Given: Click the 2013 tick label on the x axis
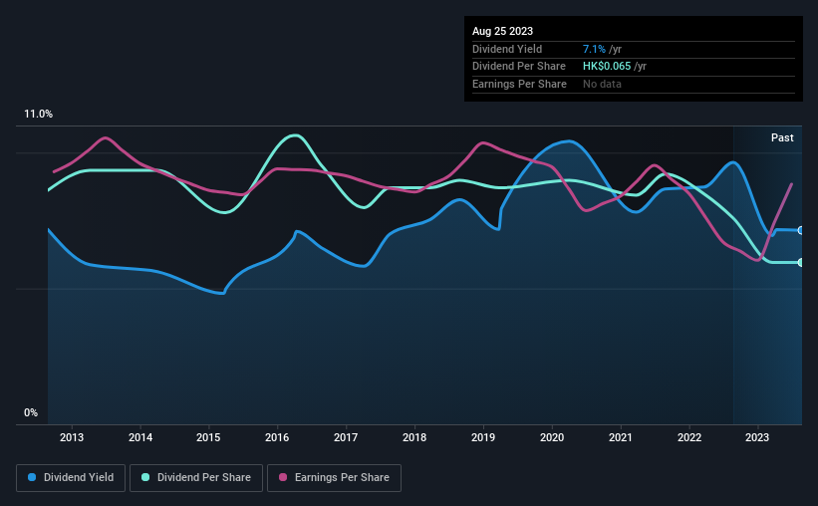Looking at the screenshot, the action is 72,437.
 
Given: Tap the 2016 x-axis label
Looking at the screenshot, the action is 277,437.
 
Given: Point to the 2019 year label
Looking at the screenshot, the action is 483,437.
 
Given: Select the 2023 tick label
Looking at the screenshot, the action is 757,437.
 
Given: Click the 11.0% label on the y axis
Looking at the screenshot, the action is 38,114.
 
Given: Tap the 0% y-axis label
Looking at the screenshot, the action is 31,412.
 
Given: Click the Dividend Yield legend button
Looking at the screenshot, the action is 71,478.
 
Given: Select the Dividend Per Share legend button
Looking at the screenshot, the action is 196,478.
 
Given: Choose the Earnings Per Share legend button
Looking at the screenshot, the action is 334,478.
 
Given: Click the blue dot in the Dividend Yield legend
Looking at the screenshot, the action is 32,477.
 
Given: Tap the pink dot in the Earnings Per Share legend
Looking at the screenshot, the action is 283,477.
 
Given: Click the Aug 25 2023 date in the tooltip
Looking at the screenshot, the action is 502,31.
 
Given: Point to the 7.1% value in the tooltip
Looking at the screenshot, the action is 594,49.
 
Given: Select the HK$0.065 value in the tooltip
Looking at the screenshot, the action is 607,67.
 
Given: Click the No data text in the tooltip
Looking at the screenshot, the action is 602,84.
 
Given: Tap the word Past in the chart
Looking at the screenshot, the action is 782,137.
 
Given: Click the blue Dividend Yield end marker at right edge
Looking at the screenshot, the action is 801,230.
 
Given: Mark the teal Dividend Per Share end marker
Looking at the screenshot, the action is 801,262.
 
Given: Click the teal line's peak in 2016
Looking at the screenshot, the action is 295,135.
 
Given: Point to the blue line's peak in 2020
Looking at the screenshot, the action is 569,141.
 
